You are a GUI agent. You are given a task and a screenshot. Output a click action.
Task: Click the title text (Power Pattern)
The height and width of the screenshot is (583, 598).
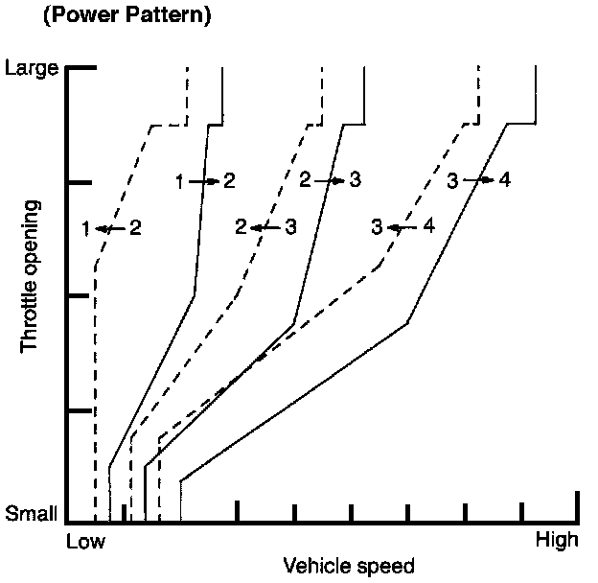[x=121, y=16]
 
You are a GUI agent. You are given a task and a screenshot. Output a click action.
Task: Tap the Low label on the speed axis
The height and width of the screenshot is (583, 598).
[x=85, y=541]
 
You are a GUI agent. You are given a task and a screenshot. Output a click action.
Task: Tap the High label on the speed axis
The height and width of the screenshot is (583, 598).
[x=556, y=540]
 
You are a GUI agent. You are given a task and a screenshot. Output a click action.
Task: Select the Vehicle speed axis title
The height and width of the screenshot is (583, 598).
[x=348, y=566]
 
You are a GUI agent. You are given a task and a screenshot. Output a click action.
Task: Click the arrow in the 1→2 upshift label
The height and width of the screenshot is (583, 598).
[x=204, y=180]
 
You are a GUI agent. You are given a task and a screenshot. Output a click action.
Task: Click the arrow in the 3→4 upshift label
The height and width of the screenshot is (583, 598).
[x=476, y=179]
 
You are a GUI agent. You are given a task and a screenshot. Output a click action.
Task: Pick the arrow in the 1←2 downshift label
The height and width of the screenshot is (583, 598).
[x=109, y=228]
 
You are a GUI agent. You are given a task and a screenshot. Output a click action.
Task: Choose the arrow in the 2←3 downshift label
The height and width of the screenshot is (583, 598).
[x=264, y=227]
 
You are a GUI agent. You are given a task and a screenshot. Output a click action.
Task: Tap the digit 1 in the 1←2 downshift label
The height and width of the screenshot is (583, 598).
[x=87, y=228]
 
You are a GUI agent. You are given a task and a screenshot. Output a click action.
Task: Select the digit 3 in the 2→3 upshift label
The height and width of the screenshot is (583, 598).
[x=355, y=179]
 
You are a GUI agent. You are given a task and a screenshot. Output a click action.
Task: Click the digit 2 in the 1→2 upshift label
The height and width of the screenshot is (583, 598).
[x=229, y=180]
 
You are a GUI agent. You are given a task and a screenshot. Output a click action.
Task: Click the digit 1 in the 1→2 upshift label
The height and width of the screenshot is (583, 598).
[x=180, y=180]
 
